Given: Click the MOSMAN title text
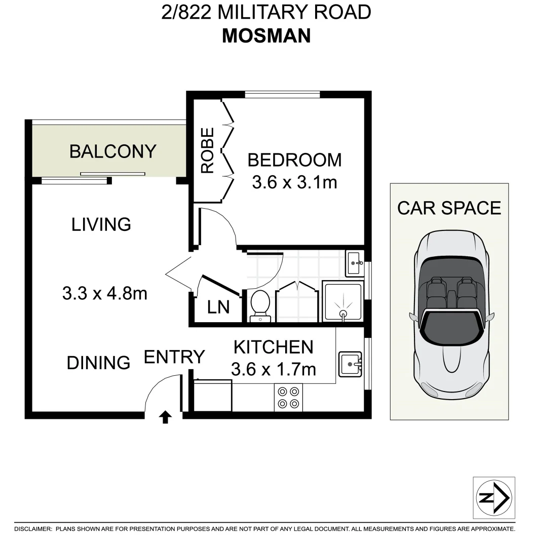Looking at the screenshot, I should [x=266, y=35].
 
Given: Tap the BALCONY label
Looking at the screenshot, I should [x=112, y=151].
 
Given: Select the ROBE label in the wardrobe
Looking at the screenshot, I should [x=208, y=150].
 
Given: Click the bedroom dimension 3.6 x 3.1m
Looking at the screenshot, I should [x=294, y=182].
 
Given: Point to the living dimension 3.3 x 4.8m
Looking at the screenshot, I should [x=105, y=293].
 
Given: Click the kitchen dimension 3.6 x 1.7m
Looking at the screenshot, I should [x=273, y=369].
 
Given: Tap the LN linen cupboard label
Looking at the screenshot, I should [x=218, y=307].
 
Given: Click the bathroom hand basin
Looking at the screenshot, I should [x=354, y=263].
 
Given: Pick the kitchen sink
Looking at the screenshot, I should [x=350, y=364].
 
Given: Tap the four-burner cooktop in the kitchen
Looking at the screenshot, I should [x=288, y=397].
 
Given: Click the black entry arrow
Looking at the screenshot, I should [x=165, y=417].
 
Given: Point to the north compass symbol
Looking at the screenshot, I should [x=494, y=498].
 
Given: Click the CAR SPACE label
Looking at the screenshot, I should [x=449, y=208].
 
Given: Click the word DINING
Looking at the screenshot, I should [x=98, y=363].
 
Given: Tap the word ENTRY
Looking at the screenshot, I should [x=174, y=357].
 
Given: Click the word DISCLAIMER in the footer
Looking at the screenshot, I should [x=33, y=529].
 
